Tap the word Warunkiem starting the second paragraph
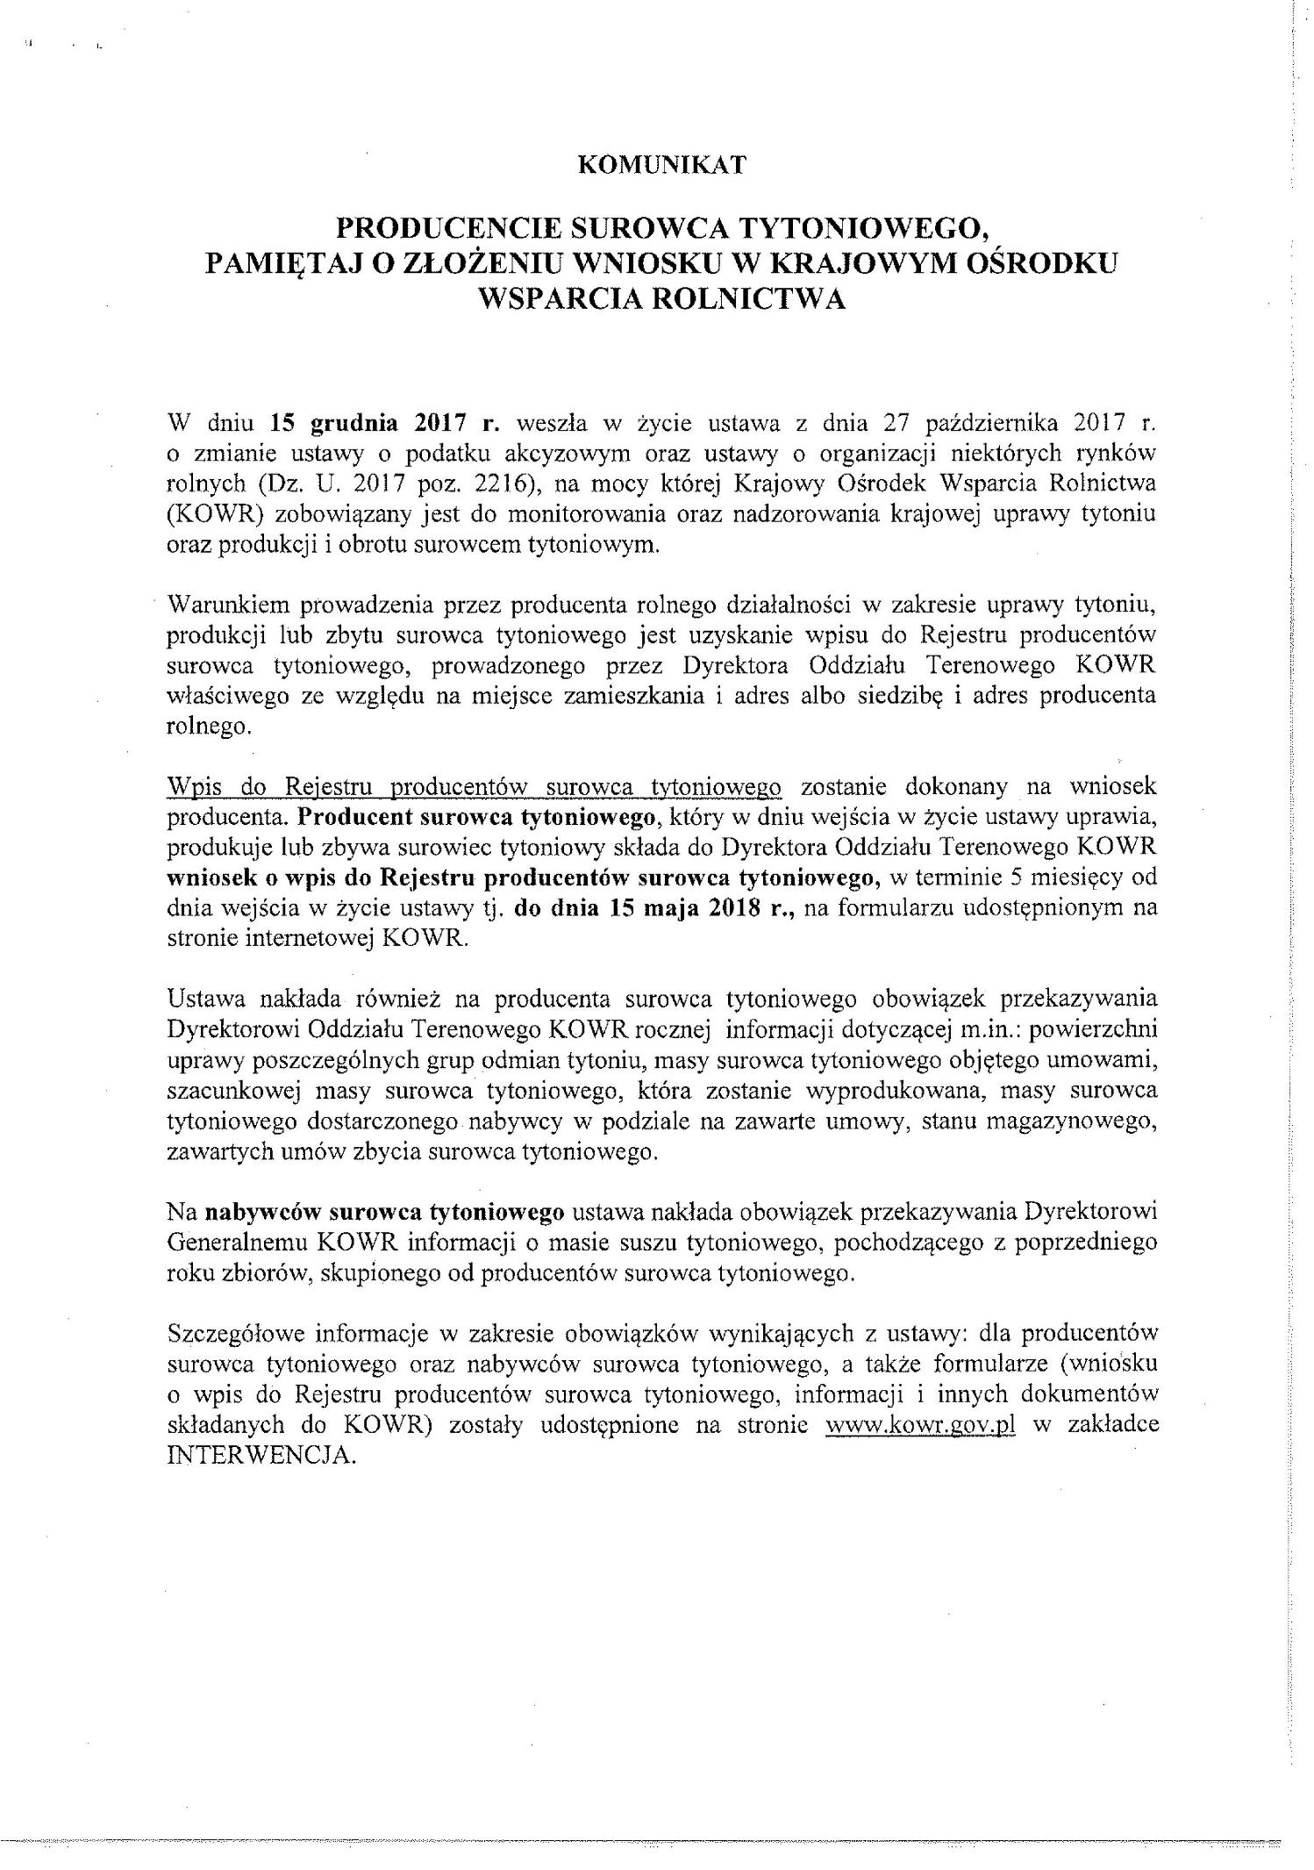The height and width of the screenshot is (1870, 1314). tap(231, 605)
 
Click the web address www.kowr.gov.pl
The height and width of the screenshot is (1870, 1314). tap(921, 1424)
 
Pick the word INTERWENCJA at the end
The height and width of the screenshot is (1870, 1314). tap(261, 1455)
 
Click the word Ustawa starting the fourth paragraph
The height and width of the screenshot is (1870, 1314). tap(201, 999)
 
